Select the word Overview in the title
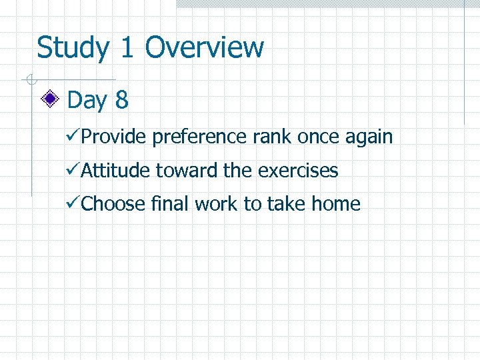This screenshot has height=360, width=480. pos(204,48)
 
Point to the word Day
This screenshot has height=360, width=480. pos(87,101)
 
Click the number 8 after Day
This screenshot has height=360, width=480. pos(121,100)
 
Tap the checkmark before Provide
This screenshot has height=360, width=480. pos(74,137)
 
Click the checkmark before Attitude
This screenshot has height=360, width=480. pos(74,171)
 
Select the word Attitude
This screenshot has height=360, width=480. pos(116,171)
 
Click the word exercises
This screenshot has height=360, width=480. pos(298,171)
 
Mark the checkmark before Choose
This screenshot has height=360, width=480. pos(74,204)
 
